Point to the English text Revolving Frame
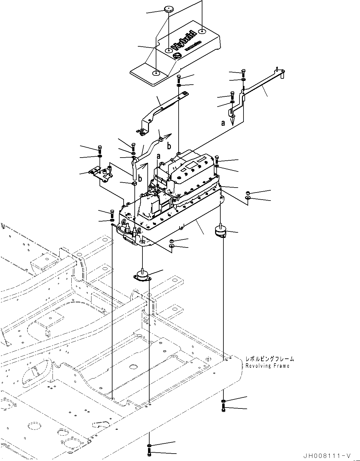point(267,366)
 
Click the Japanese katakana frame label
point(269,359)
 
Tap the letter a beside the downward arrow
point(223,123)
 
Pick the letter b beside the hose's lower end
point(140,178)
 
